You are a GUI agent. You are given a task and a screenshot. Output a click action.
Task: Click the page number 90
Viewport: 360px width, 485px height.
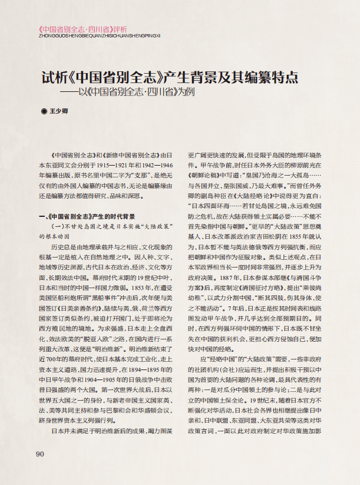40,470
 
